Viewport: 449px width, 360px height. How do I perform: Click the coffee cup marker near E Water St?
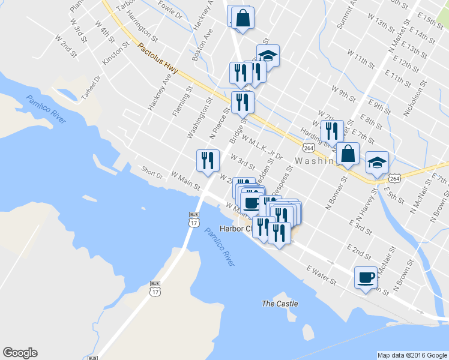tap(366, 277)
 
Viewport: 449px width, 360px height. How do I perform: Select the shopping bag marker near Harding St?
tap(348, 153)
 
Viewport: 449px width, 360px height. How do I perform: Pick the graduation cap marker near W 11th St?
tap(268, 56)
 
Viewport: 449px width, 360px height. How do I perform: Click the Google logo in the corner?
tap(20, 353)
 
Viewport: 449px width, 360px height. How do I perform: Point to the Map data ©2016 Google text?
tap(412, 355)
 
